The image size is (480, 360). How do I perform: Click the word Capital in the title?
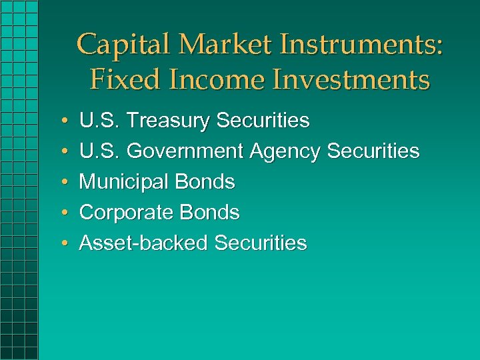click(x=118, y=45)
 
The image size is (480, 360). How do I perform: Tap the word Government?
click(x=185, y=151)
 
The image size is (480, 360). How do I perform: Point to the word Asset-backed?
click(x=143, y=243)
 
